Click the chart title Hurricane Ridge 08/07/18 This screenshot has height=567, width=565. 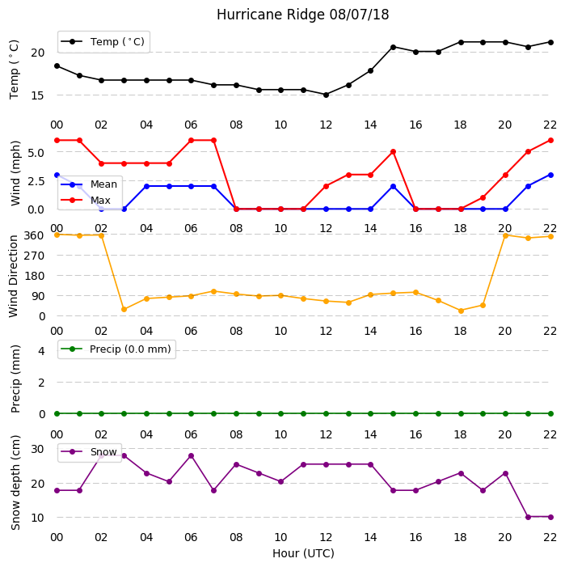coord(303,15)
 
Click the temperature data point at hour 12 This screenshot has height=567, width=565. coord(326,95)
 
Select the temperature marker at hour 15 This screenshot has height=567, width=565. coord(393,47)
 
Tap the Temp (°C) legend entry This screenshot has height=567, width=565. coord(103,42)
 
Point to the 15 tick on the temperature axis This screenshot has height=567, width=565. coord(37,95)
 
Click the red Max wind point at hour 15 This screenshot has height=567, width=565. coord(393,152)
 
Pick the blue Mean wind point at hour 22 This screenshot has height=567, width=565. coord(550,175)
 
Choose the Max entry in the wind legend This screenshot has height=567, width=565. coord(86,201)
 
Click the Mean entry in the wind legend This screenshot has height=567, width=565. coord(89,184)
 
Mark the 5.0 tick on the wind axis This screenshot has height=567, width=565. coord(36,153)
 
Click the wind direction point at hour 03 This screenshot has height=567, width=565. coord(124,310)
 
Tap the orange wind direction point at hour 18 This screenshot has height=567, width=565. coord(461,311)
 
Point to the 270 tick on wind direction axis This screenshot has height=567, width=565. coord(34,256)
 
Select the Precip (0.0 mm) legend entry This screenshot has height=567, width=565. coord(116,349)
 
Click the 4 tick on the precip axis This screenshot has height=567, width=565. coord(41,351)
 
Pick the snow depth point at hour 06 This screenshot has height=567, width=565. coord(191,456)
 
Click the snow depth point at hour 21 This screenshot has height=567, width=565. coord(528,517)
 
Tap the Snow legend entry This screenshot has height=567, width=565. coord(89,452)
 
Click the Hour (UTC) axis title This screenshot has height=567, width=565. coord(303,553)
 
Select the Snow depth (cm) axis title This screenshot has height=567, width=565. coord(15,483)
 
